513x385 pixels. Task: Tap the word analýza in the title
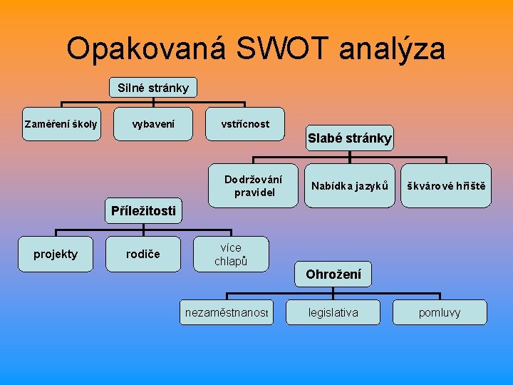tap(393, 49)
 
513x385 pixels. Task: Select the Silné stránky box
tap(153, 88)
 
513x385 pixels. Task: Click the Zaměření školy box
tap(61, 124)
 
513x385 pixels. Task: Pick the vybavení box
tap(153, 124)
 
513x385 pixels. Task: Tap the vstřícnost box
tap(245, 124)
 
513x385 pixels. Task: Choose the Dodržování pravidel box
tap(253, 186)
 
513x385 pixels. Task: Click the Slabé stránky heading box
tap(349, 138)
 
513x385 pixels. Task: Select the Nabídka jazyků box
tap(349, 186)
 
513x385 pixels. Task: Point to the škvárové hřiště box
tap(446, 186)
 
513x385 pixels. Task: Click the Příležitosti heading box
tap(143, 210)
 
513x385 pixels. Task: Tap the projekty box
tap(56, 255)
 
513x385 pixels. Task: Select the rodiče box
tap(143, 255)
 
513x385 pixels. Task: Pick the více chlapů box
tap(231, 255)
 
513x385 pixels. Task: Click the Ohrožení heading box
tap(333, 274)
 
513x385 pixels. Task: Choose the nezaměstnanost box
tap(227, 312)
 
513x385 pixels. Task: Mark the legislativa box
tap(333, 312)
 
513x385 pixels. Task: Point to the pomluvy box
tap(440, 312)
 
